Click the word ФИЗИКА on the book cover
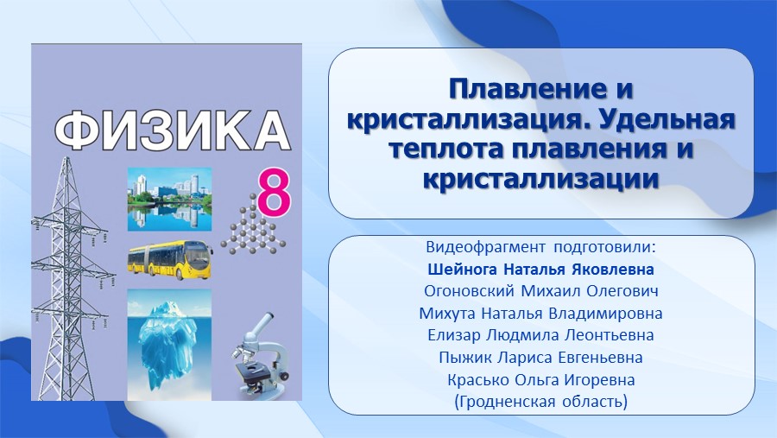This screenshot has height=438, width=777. pos(172,130)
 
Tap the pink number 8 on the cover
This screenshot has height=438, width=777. pos(273,194)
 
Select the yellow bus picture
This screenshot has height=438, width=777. pos(170,260)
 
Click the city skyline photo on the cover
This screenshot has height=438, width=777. pos(169,200)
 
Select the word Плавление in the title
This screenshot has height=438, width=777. pos(521,89)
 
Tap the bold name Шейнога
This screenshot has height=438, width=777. pos(463,270)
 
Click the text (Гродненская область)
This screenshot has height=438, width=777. pos(540,402)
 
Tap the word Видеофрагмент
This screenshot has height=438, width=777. pos(485,247)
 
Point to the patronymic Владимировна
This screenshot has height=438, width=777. pos(605,314)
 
